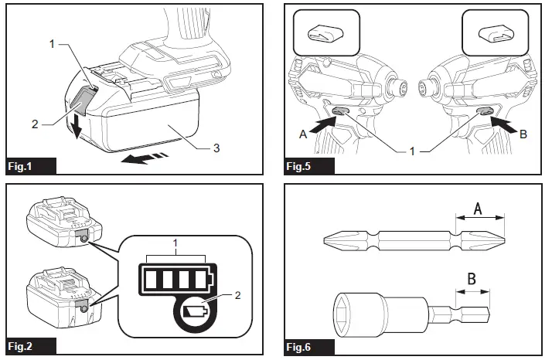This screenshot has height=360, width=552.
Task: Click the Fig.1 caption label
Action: (22, 166)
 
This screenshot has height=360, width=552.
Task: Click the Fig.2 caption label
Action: (22, 347)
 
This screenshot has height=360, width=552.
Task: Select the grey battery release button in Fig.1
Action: (83, 99)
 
